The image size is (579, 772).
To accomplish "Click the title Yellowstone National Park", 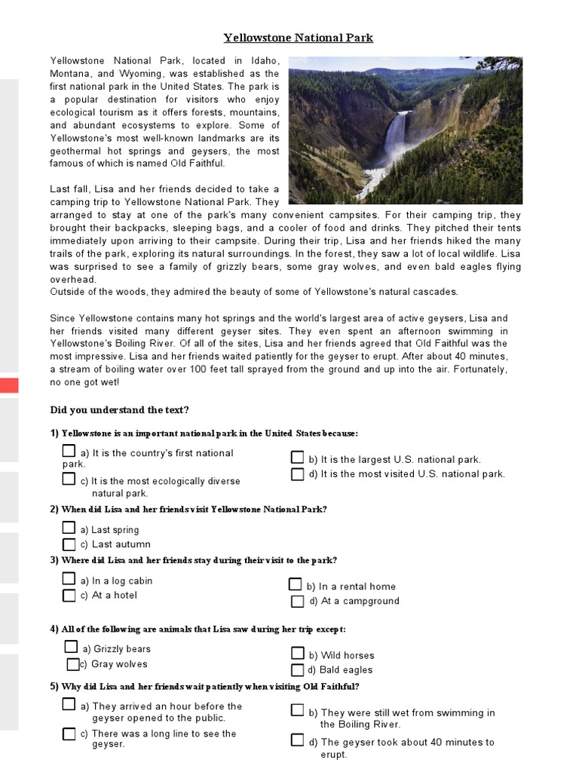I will pyautogui.click(x=298, y=38).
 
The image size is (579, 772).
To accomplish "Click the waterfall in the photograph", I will pyautogui.click(x=396, y=143).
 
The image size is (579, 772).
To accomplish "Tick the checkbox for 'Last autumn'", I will pyautogui.click(x=69, y=544).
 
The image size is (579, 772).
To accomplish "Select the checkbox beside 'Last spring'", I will pyautogui.click(x=69, y=528).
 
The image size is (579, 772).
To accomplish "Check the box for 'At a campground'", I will pyautogui.click(x=298, y=601).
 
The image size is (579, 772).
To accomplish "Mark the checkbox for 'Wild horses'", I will pyautogui.click(x=298, y=654).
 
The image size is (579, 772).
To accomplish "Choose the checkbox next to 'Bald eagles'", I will pyautogui.click(x=298, y=669).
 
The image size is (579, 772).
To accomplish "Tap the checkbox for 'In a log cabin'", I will pyautogui.click(x=69, y=579).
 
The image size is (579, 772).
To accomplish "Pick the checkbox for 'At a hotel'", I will pyautogui.click(x=69, y=596).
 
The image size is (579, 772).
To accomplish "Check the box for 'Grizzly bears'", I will pyautogui.click(x=71, y=647).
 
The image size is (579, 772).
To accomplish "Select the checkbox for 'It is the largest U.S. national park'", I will pyautogui.click(x=298, y=458).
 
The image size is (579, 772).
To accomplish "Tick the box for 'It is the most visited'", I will pyautogui.click(x=298, y=474).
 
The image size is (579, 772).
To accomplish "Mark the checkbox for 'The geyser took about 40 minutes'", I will pyautogui.click(x=298, y=740).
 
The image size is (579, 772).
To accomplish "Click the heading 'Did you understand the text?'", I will pyautogui.click(x=119, y=410).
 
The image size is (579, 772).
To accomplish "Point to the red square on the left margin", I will pyautogui.click(x=9, y=386).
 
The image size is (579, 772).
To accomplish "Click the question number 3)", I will pyautogui.click(x=54, y=560).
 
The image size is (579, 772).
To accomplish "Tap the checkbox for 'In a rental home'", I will pyautogui.click(x=296, y=584).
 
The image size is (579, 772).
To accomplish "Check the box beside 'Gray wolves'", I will pyautogui.click(x=72, y=664).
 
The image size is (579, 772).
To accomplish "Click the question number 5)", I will pyautogui.click(x=54, y=687).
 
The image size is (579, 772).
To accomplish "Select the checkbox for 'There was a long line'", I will pyautogui.click(x=69, y=734).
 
